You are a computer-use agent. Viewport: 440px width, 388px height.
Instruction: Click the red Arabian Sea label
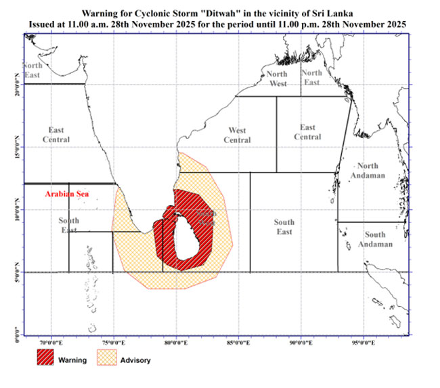coord(67,194)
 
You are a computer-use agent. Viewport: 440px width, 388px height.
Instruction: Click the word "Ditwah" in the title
coord(233,13)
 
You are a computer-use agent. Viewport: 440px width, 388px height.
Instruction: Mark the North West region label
coord(276,78)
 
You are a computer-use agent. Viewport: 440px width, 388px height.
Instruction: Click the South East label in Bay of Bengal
coord(284,227)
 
